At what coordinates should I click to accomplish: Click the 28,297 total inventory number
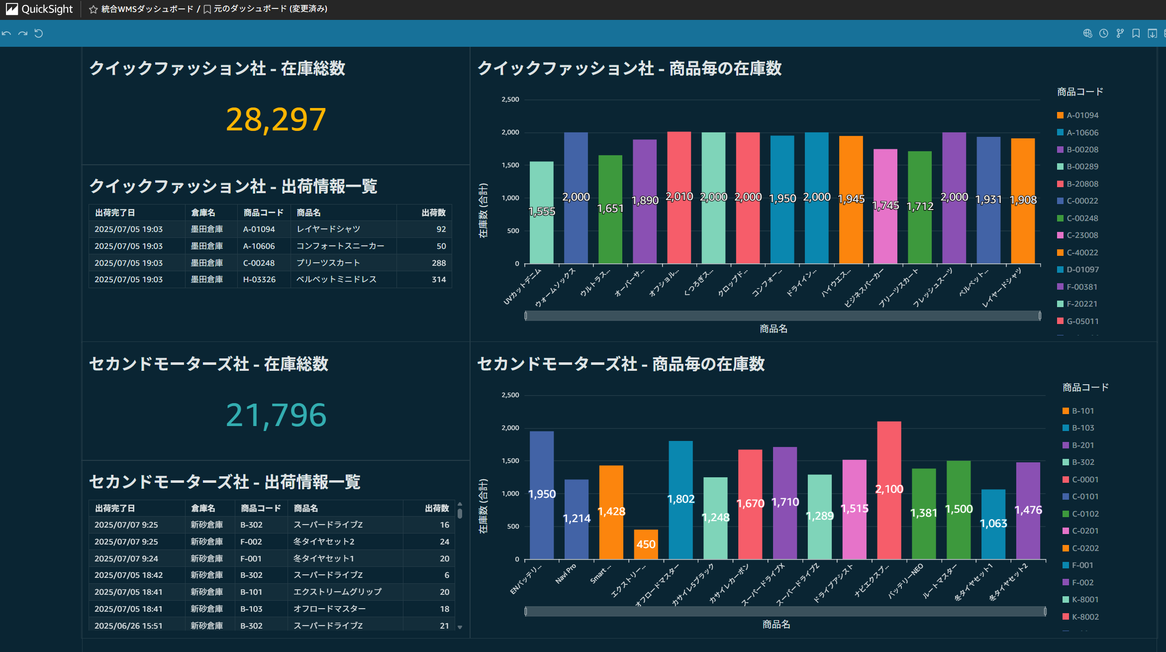[276, 120]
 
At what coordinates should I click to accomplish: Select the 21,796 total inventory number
[276, 416]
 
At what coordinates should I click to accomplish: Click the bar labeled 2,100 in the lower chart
[889, 490]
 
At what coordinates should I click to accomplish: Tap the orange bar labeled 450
[646, 544]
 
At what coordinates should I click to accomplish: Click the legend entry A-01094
[1082, 115]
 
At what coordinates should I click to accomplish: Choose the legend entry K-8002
[1085, 617]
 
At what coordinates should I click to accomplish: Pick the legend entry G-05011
[1082, 322]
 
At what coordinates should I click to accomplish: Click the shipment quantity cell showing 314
[438, 280]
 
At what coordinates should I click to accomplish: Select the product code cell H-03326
[259, 280]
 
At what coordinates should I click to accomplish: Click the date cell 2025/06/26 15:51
[128, 626]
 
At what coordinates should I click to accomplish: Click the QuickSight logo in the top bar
[40, 9]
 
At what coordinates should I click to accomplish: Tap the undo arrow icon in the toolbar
[6, 33]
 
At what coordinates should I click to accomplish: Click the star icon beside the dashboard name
[93, 9]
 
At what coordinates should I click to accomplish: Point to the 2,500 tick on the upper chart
[510, 100]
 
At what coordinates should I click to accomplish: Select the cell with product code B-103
[251, 609]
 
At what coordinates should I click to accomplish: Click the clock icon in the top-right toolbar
[1103, 33]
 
